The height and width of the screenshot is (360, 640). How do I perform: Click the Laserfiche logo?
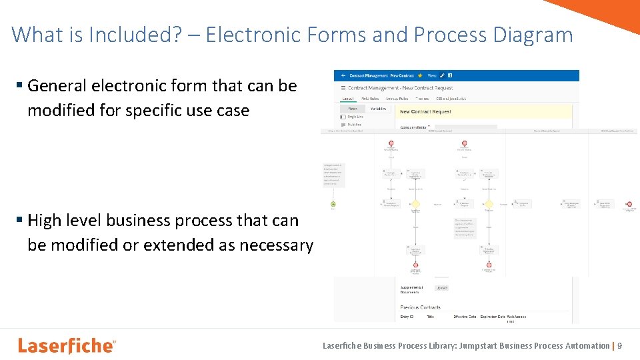click(x=67, y=345)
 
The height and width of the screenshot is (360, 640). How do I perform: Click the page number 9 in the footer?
click(x=620, y=345)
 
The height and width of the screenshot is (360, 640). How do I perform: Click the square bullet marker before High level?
click(x=20, y=220)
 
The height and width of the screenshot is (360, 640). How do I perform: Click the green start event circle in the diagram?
click(x=333, y=204)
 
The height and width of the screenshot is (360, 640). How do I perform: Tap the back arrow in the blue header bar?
click(x=343, y=76)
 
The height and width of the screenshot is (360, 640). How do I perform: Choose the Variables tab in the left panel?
click(x=378, y=109)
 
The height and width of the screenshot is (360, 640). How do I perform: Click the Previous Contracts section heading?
click(x=421, y=307)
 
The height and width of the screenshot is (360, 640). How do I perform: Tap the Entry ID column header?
click(x=406, y=317)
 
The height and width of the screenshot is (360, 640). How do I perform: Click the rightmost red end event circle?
click(x=628, y=204)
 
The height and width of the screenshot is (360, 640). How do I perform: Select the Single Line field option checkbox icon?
click(x=343, y=117)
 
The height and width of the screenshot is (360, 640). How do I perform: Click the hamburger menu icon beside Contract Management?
click(x=343, y=88)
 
